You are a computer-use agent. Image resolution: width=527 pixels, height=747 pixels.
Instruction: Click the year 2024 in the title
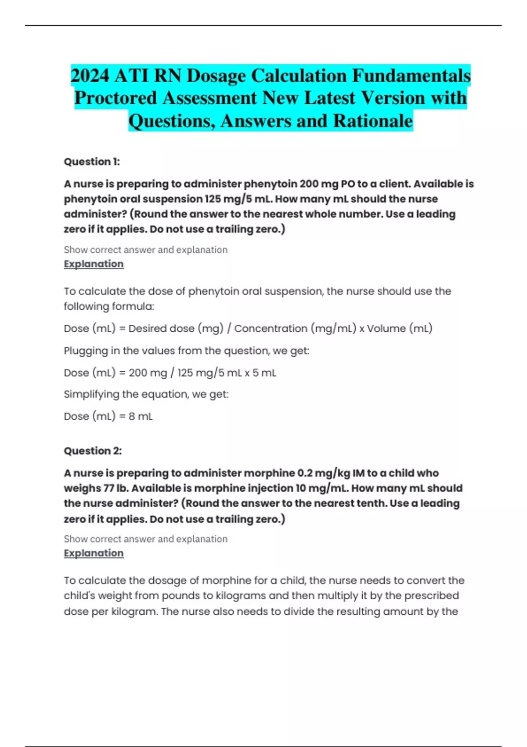tap(90, 76)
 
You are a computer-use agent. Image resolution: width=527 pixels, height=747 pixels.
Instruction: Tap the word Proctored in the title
tap(116, 98)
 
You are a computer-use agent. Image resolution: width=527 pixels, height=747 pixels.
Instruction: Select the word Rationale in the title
tap(373, 121)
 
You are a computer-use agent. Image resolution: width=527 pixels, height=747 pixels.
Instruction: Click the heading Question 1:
tap(92, 162)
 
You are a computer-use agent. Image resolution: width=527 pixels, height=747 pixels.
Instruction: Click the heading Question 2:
tap(93, 451)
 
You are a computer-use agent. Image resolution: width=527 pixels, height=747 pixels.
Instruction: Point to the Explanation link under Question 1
tap(94, 264)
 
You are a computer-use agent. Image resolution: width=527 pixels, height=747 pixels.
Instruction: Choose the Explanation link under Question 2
tap(94, 553)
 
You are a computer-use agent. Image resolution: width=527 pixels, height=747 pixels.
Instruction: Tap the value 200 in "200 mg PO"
tap(309, 184)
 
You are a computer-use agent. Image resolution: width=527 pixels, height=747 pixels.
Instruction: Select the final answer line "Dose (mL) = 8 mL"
tap(108, 416)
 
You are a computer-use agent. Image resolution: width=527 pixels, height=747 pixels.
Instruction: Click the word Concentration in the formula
tap(271, 329)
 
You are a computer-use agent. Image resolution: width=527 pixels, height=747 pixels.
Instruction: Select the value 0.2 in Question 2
tap(304, 473)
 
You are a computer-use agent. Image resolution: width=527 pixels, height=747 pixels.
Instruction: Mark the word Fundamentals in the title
tap(411, 76)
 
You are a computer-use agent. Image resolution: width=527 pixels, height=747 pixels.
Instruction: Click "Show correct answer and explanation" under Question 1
tap(145, 250)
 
